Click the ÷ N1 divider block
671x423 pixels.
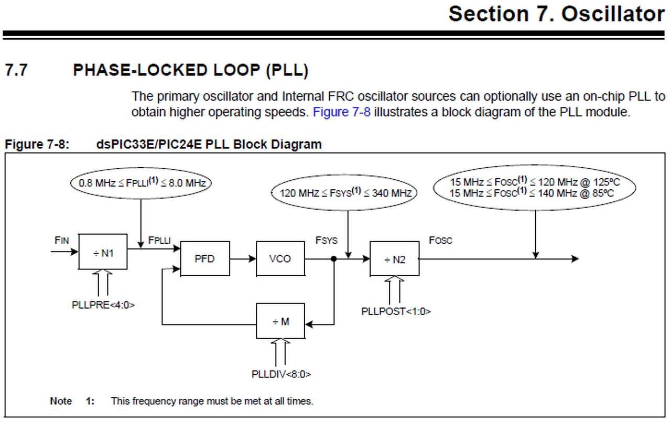103,252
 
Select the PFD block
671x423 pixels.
204,258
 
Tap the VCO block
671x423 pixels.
280,258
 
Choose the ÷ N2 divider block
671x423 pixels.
394,258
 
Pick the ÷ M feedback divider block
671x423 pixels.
280,321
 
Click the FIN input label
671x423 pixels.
62,241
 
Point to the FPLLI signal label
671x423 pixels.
159,241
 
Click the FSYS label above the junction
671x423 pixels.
326,241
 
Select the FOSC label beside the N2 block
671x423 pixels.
440,241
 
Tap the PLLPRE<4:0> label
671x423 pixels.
103,305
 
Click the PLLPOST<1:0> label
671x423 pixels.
396,311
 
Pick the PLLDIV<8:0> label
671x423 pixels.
281,374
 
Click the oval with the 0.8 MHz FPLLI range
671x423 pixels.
142,183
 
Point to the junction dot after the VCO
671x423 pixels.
333,258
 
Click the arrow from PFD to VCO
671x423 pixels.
243,258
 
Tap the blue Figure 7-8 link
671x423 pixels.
341,112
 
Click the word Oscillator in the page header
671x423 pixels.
613,14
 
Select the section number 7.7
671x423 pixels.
16,70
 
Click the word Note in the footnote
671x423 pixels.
61,401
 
